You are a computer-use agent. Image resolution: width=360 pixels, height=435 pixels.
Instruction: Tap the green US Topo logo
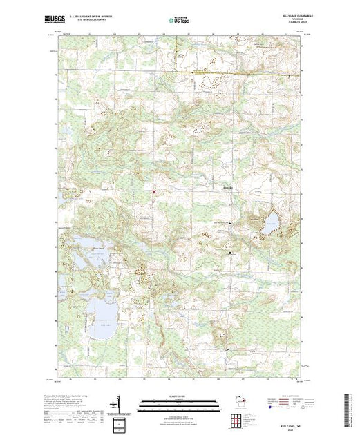(180, 21)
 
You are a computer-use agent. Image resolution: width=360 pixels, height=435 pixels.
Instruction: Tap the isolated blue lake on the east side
(269, 222)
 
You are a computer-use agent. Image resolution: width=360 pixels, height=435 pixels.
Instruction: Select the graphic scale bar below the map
(180, 402)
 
